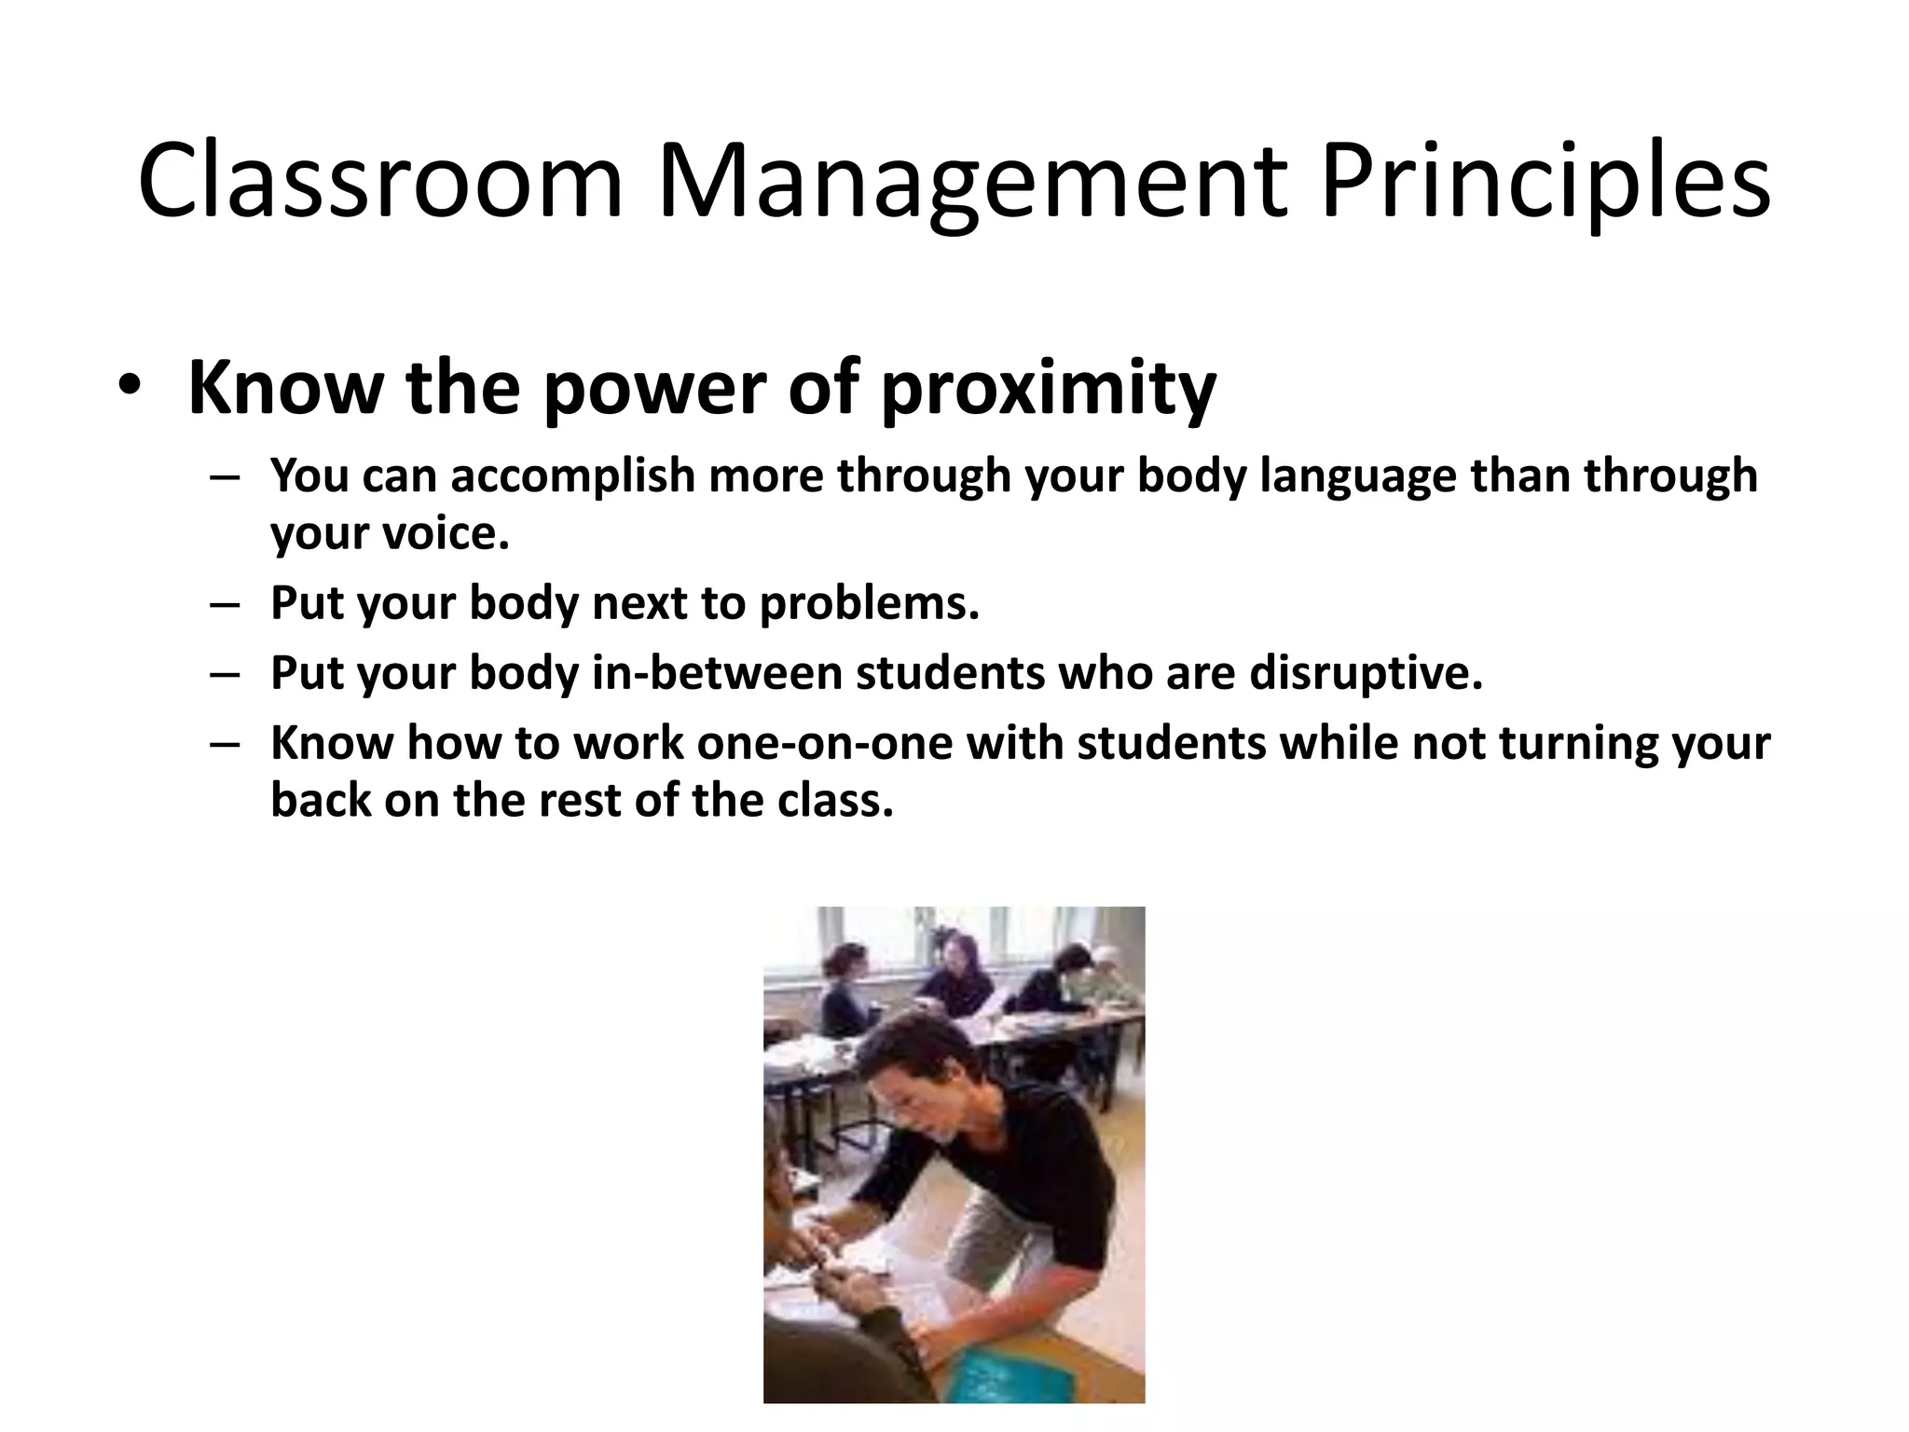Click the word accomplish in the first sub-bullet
tap(573, 475)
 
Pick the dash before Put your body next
tap(225, 604)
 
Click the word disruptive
tap(1366, 672)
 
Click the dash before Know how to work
tap(225, 744)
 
